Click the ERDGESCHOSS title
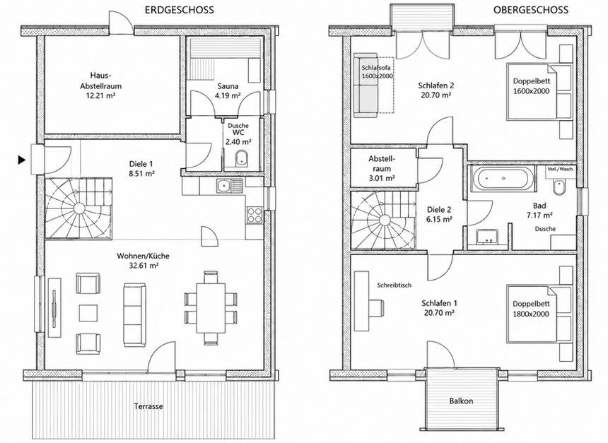click(x=179, y=10)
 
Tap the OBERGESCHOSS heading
click(x=531, y=10)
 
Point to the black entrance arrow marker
click(x=22, y=159)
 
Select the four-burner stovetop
click(x=255, y=215)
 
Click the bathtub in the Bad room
click(x=503, y=179)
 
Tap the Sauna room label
click(x=228, y=86)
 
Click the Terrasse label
click(x=148, y=406)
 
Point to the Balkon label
click(x=462, y=401)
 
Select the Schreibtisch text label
click(x=394, y=285)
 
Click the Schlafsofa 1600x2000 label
click(x=378, y=71)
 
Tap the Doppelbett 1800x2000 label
click(x=531, y=309)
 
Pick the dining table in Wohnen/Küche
click(x=211, y=308)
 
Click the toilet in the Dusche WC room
click(x=242, y=158)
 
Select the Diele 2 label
click(x=439, y=210)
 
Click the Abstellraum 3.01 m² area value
click(x=381, y=178)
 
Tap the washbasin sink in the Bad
click(x=487, y=237)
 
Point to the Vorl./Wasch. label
click(x=561, y=170)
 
